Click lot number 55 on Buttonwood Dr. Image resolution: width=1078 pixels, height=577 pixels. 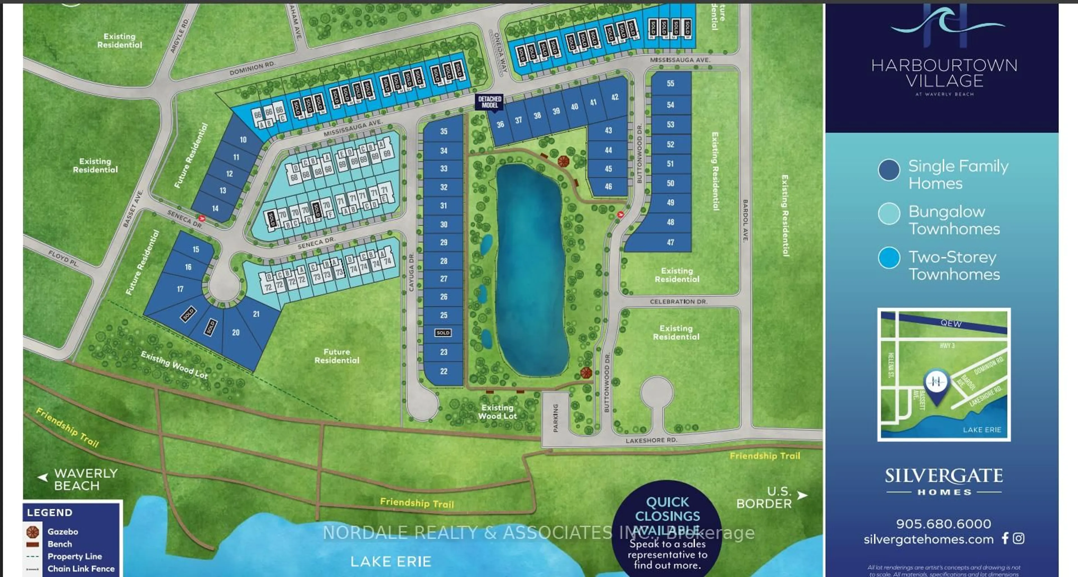pyautogui.click(x=670, y=83)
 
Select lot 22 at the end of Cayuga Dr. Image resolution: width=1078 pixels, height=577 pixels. pyautogui.click(x=444, y=371)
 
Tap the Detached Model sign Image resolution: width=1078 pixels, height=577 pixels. pyautogui.click(x=490, y=102)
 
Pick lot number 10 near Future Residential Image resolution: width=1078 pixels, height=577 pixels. pyautogui.click(x=243, y=140)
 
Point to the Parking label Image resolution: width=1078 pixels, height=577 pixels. pyautogui.click(x=555, y=418)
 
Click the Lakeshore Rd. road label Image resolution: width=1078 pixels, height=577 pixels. pyautogui.click(x=651, y=440)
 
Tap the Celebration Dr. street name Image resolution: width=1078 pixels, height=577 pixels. pyautogui.click(x=678, y=301)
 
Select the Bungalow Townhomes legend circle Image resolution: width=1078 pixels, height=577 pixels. pyautogui.click(x=889, y=214)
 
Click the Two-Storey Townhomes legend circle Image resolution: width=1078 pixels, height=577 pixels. pyautogui.click(x=889, y=258)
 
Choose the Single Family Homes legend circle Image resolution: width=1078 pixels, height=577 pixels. pyautogui.click(x=889, y=170)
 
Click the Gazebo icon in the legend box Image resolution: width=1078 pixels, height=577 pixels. pyautogui.click(x=33, y=532)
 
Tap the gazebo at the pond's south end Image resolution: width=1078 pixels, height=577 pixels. pyautogui.click(x=586, y=372)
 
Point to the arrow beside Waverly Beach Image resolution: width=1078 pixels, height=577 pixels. pyautogui.click(x=43, y=477)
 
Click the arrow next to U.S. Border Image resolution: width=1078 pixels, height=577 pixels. pyautogui.click(x=802, y=495)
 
